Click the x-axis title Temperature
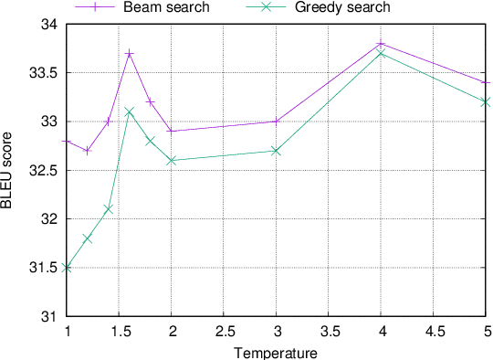click(x=276, y=352)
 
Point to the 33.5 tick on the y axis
click(x=45, y=73)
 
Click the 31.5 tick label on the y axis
click(x=45, y=269)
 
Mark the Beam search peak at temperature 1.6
click(x=130, y=54)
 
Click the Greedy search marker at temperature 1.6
click(x=130, y=111)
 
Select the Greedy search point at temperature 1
click(x=67, y=268)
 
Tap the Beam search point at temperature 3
click(x=277, y=122)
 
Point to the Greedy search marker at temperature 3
click(x=277, y=151)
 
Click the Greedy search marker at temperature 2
click(x=172, y=161)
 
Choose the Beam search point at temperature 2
click(x=172, y=132)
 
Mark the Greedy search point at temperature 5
click(x=487, y=102)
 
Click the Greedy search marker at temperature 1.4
click(x=109, y=209)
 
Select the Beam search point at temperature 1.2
click(x=88, y=151)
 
